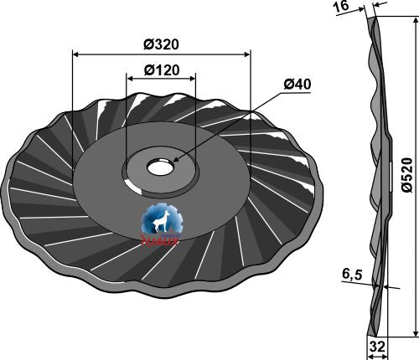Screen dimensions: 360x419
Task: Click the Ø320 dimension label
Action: click(x=162, y=44)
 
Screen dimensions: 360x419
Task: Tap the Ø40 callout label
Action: click(x=297, y=85)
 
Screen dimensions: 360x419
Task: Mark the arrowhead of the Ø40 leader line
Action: click(x=177, y=159)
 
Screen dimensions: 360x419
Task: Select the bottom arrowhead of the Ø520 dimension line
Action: click(x=415, y=334)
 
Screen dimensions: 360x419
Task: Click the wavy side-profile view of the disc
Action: click(x=376, y=167)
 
